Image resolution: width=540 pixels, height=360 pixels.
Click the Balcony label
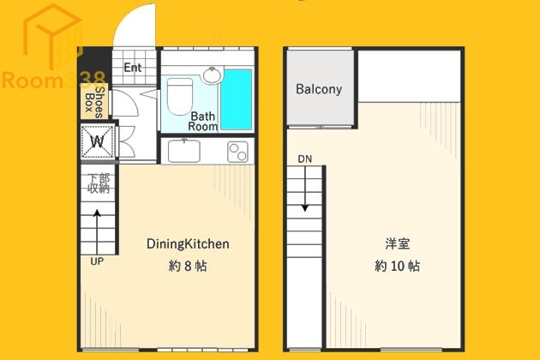tap(319, 89)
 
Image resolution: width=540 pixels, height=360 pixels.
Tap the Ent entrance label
tap(133, 68)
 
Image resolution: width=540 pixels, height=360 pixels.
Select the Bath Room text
tap(204, 121)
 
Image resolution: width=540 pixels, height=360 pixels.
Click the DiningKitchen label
tap(188, 244)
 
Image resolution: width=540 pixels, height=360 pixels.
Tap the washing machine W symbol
tap(97, 141)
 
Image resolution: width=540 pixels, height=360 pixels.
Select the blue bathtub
tap(236, 99)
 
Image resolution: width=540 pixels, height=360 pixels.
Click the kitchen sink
tap(183, 150)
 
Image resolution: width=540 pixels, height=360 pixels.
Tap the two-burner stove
tap(237, 151)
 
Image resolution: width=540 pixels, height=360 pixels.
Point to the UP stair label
tap(97, 261)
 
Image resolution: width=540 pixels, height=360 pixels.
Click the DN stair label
tap(305, 159)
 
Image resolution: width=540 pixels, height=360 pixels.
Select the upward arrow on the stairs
tap(97, 226)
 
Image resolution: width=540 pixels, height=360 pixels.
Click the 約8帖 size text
tap(188, 266)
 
